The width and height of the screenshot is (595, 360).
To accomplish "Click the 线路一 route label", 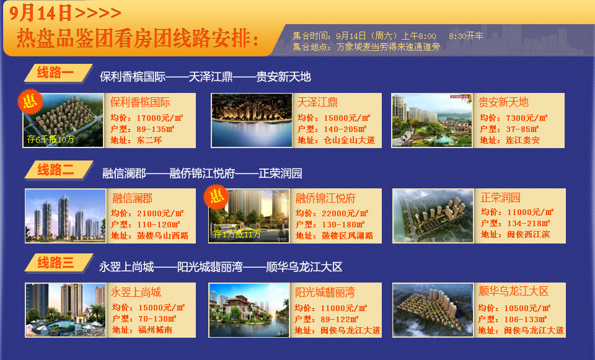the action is point(55,72).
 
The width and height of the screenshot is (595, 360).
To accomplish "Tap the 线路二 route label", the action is point(55,169).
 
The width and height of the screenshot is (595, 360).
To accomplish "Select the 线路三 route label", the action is point(55,263).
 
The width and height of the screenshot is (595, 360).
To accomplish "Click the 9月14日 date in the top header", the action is point(40,12).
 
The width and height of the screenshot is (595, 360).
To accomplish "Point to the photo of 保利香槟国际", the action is point(63,120).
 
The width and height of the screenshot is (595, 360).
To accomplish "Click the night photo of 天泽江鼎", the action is point(252,120).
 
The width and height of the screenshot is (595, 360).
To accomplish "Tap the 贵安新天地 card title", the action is point(503,102).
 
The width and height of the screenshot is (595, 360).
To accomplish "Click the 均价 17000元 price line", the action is point(146,118).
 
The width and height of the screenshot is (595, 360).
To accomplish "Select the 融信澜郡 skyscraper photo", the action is point(65,216).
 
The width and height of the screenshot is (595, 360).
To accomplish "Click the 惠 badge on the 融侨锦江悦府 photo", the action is point(216,196).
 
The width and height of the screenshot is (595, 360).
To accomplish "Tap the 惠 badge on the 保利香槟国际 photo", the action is point(30,101).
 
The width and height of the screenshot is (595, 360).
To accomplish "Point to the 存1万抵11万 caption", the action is point(237,234).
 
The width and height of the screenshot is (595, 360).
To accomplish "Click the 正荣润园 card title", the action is point(501,197).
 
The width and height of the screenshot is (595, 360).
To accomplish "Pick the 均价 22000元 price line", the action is point(332,214).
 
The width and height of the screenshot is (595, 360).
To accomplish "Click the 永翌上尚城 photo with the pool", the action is point(65,310).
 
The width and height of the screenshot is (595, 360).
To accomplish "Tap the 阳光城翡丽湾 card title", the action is point(325,292).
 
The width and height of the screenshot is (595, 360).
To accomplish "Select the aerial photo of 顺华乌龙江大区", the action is point(433,310).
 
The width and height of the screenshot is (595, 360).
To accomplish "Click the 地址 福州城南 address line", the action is point(143,330).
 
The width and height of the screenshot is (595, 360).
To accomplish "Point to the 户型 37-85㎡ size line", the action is point(509,130).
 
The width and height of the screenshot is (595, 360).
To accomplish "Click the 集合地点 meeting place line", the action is point(366,47).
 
